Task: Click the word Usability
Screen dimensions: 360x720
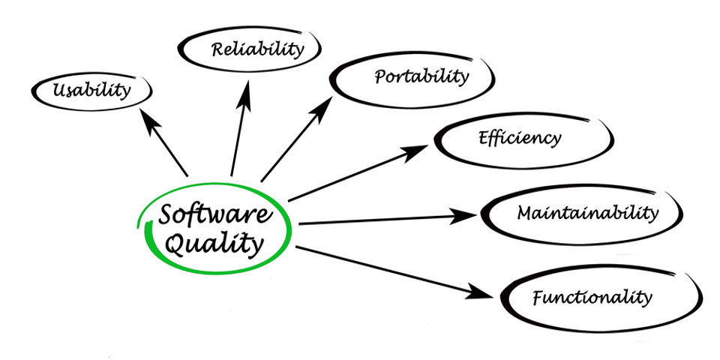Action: point(91,91)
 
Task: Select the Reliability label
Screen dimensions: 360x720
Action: point(257,50)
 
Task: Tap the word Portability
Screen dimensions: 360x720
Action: point(421,76)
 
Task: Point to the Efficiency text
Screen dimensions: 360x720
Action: point(519,138)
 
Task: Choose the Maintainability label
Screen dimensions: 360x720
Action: point(587,212)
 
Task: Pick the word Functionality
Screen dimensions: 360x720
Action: point(592,296)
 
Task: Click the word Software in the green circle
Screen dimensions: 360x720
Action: point(214,215)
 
